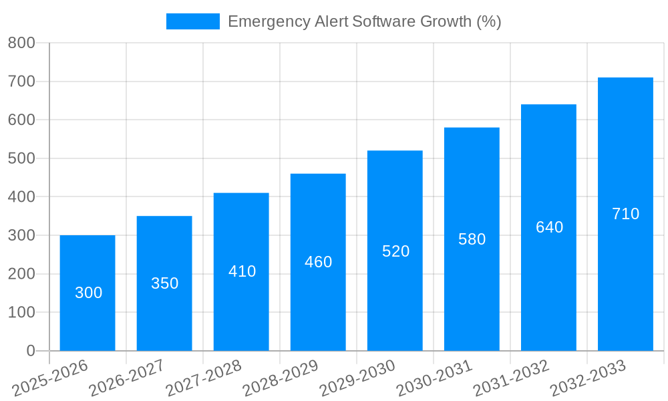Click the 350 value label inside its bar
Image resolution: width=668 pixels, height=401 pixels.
(164, 283)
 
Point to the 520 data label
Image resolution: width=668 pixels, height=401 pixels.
(395, 251)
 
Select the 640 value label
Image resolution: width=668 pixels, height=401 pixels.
(549, 227)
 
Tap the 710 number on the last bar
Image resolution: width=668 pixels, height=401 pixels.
(625, 214)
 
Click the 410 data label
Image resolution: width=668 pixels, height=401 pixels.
(242, 271)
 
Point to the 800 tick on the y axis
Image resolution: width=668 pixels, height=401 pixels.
(21, 43)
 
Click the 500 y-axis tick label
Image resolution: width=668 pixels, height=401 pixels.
(21, 158)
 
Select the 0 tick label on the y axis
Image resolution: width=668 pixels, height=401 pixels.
(30, 351)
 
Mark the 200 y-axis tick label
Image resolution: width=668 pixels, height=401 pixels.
(21, 274)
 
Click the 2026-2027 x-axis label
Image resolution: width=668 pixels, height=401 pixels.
(127, 378)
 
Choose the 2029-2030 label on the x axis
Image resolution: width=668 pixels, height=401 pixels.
(357, 378)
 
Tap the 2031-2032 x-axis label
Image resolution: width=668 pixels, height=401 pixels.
(511, 378)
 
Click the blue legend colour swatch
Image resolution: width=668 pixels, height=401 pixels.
(192, 21)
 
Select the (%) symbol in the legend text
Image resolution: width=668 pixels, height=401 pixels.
(488, 21)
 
